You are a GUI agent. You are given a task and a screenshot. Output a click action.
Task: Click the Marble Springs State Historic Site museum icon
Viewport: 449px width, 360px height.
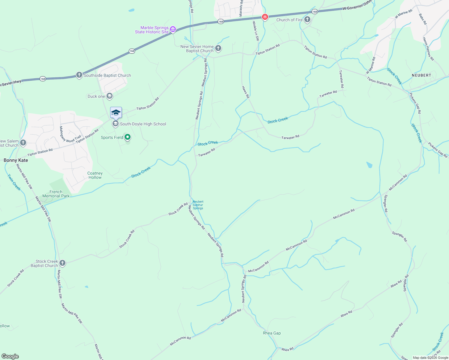(x=173, y=29)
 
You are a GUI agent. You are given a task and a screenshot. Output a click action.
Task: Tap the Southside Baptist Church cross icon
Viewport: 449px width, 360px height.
(x=79, y=75)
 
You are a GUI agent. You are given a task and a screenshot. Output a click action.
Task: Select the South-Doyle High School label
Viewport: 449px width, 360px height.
(x=143, y=124)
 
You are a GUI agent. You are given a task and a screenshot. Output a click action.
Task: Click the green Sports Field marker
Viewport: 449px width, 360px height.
(x=128, y=137)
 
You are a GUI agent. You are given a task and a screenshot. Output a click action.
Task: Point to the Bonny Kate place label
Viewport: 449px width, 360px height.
(x=16, y=160)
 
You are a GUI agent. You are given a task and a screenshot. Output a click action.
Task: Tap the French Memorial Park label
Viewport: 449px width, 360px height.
(x=56, y=194)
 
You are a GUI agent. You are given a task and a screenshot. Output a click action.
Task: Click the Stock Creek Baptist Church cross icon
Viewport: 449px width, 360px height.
(x=62, y=263)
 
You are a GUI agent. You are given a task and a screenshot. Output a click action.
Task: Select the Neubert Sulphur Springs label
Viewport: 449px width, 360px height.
(x=198, y=205)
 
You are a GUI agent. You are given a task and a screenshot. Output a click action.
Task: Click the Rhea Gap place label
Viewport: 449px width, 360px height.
(x=272, y=333)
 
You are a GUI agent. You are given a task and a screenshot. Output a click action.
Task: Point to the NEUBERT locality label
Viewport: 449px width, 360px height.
(x=421, y=75)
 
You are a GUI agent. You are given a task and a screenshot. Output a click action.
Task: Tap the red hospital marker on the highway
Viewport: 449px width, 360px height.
(x=265, y=17)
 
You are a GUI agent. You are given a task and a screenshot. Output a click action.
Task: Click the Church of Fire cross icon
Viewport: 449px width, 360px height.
(x=307, y=20)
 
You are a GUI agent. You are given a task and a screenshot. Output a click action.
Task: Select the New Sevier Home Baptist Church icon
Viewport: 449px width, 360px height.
(x=218, y=48)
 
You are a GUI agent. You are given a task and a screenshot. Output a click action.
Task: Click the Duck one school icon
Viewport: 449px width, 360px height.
(x=110, y=96)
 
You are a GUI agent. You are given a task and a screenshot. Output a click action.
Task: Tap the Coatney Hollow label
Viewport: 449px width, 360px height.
(x=95, y=175)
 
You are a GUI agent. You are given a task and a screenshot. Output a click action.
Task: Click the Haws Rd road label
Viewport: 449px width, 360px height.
(x=246, y=92)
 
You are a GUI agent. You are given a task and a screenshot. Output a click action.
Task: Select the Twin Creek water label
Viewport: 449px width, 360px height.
(x=14, y=182)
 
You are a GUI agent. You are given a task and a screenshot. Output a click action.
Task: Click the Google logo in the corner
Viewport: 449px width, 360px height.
(x=10, y=356)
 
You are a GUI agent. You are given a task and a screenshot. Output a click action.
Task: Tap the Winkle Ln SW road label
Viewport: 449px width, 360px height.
(x=255, y=31)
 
